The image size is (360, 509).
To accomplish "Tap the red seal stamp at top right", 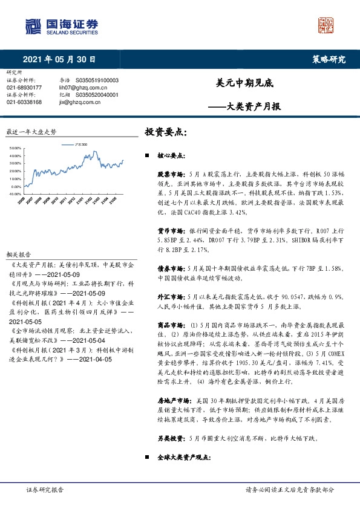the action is pyautogui.click(x=326, y=25).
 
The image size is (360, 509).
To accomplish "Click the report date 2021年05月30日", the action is pyautogui.click(x=59, y=59).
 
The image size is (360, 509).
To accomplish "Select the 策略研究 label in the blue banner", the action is pyautogui.click(x=329, y=59).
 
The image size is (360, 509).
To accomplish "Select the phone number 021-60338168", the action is pyautogui.click(x=24, y=102).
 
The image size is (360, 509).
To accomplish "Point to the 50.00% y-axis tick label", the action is pyautogui.click(x=17, y=148).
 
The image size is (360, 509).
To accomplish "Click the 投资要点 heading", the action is pyautogui.click(x=166, y=131).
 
